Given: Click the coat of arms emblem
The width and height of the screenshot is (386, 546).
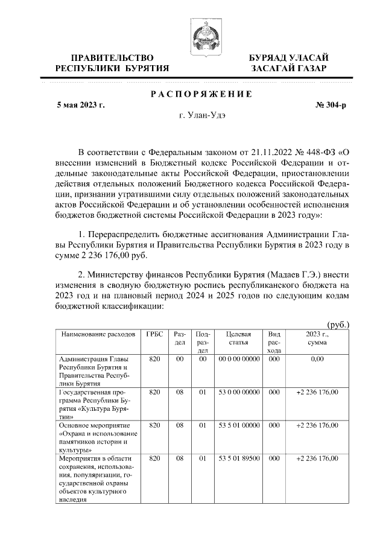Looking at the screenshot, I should coord(204,34).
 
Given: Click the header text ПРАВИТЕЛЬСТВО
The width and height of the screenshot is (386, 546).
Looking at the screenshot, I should coord(112,57).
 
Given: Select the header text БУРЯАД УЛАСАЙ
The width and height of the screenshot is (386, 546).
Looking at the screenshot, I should coord(289,57).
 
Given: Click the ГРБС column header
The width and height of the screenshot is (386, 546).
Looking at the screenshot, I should coord(154,334).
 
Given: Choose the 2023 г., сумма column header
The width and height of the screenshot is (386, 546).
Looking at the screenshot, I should coord(317,338).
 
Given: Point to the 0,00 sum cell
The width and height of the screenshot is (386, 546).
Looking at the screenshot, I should coord(317,359).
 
